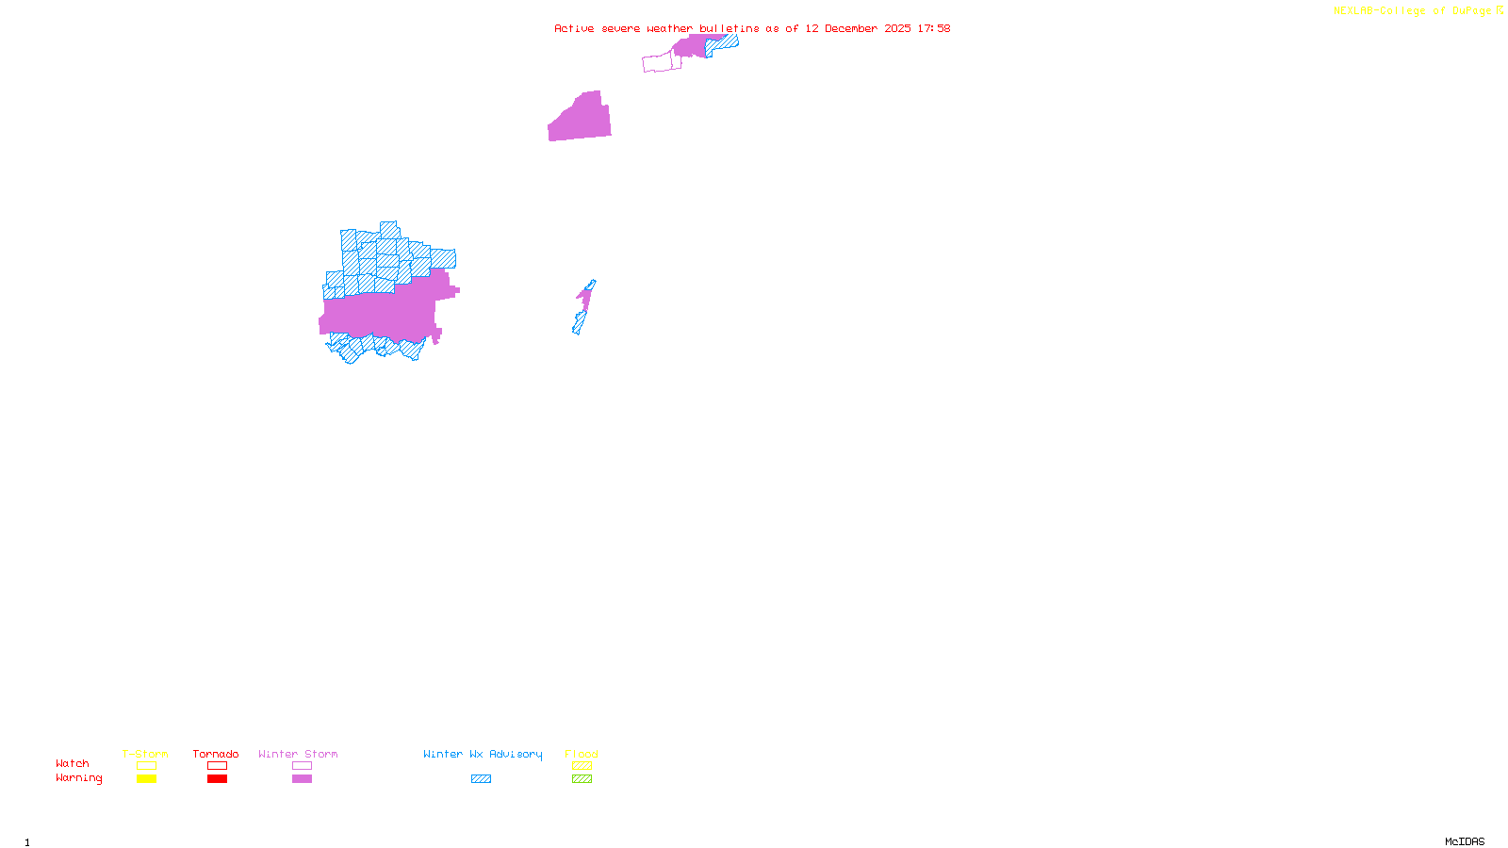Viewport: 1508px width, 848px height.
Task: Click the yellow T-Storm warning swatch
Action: (146, 779)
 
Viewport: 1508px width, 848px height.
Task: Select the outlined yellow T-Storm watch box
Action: (146, 766)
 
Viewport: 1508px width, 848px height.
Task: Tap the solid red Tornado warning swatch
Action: (217, 779)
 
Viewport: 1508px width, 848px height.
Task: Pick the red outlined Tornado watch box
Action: (217, 766)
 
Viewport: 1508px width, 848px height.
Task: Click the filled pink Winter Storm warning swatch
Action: (302, 779)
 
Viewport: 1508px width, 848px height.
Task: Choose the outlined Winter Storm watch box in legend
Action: (302, 766)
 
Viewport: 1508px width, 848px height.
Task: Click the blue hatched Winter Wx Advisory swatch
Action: (481, 779)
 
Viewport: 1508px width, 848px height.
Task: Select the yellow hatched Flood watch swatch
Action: (582, 766)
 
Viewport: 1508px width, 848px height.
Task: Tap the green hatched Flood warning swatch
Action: (582, 779)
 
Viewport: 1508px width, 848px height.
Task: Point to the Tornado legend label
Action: (216, 754)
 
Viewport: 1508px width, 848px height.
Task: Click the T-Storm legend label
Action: (145, 754)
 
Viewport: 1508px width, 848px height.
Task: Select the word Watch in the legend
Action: (73, 764)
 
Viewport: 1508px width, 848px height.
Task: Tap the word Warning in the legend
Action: (78, 778)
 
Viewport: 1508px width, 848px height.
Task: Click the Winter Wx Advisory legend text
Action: (483, 754)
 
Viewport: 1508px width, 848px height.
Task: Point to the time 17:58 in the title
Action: (934, 28)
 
